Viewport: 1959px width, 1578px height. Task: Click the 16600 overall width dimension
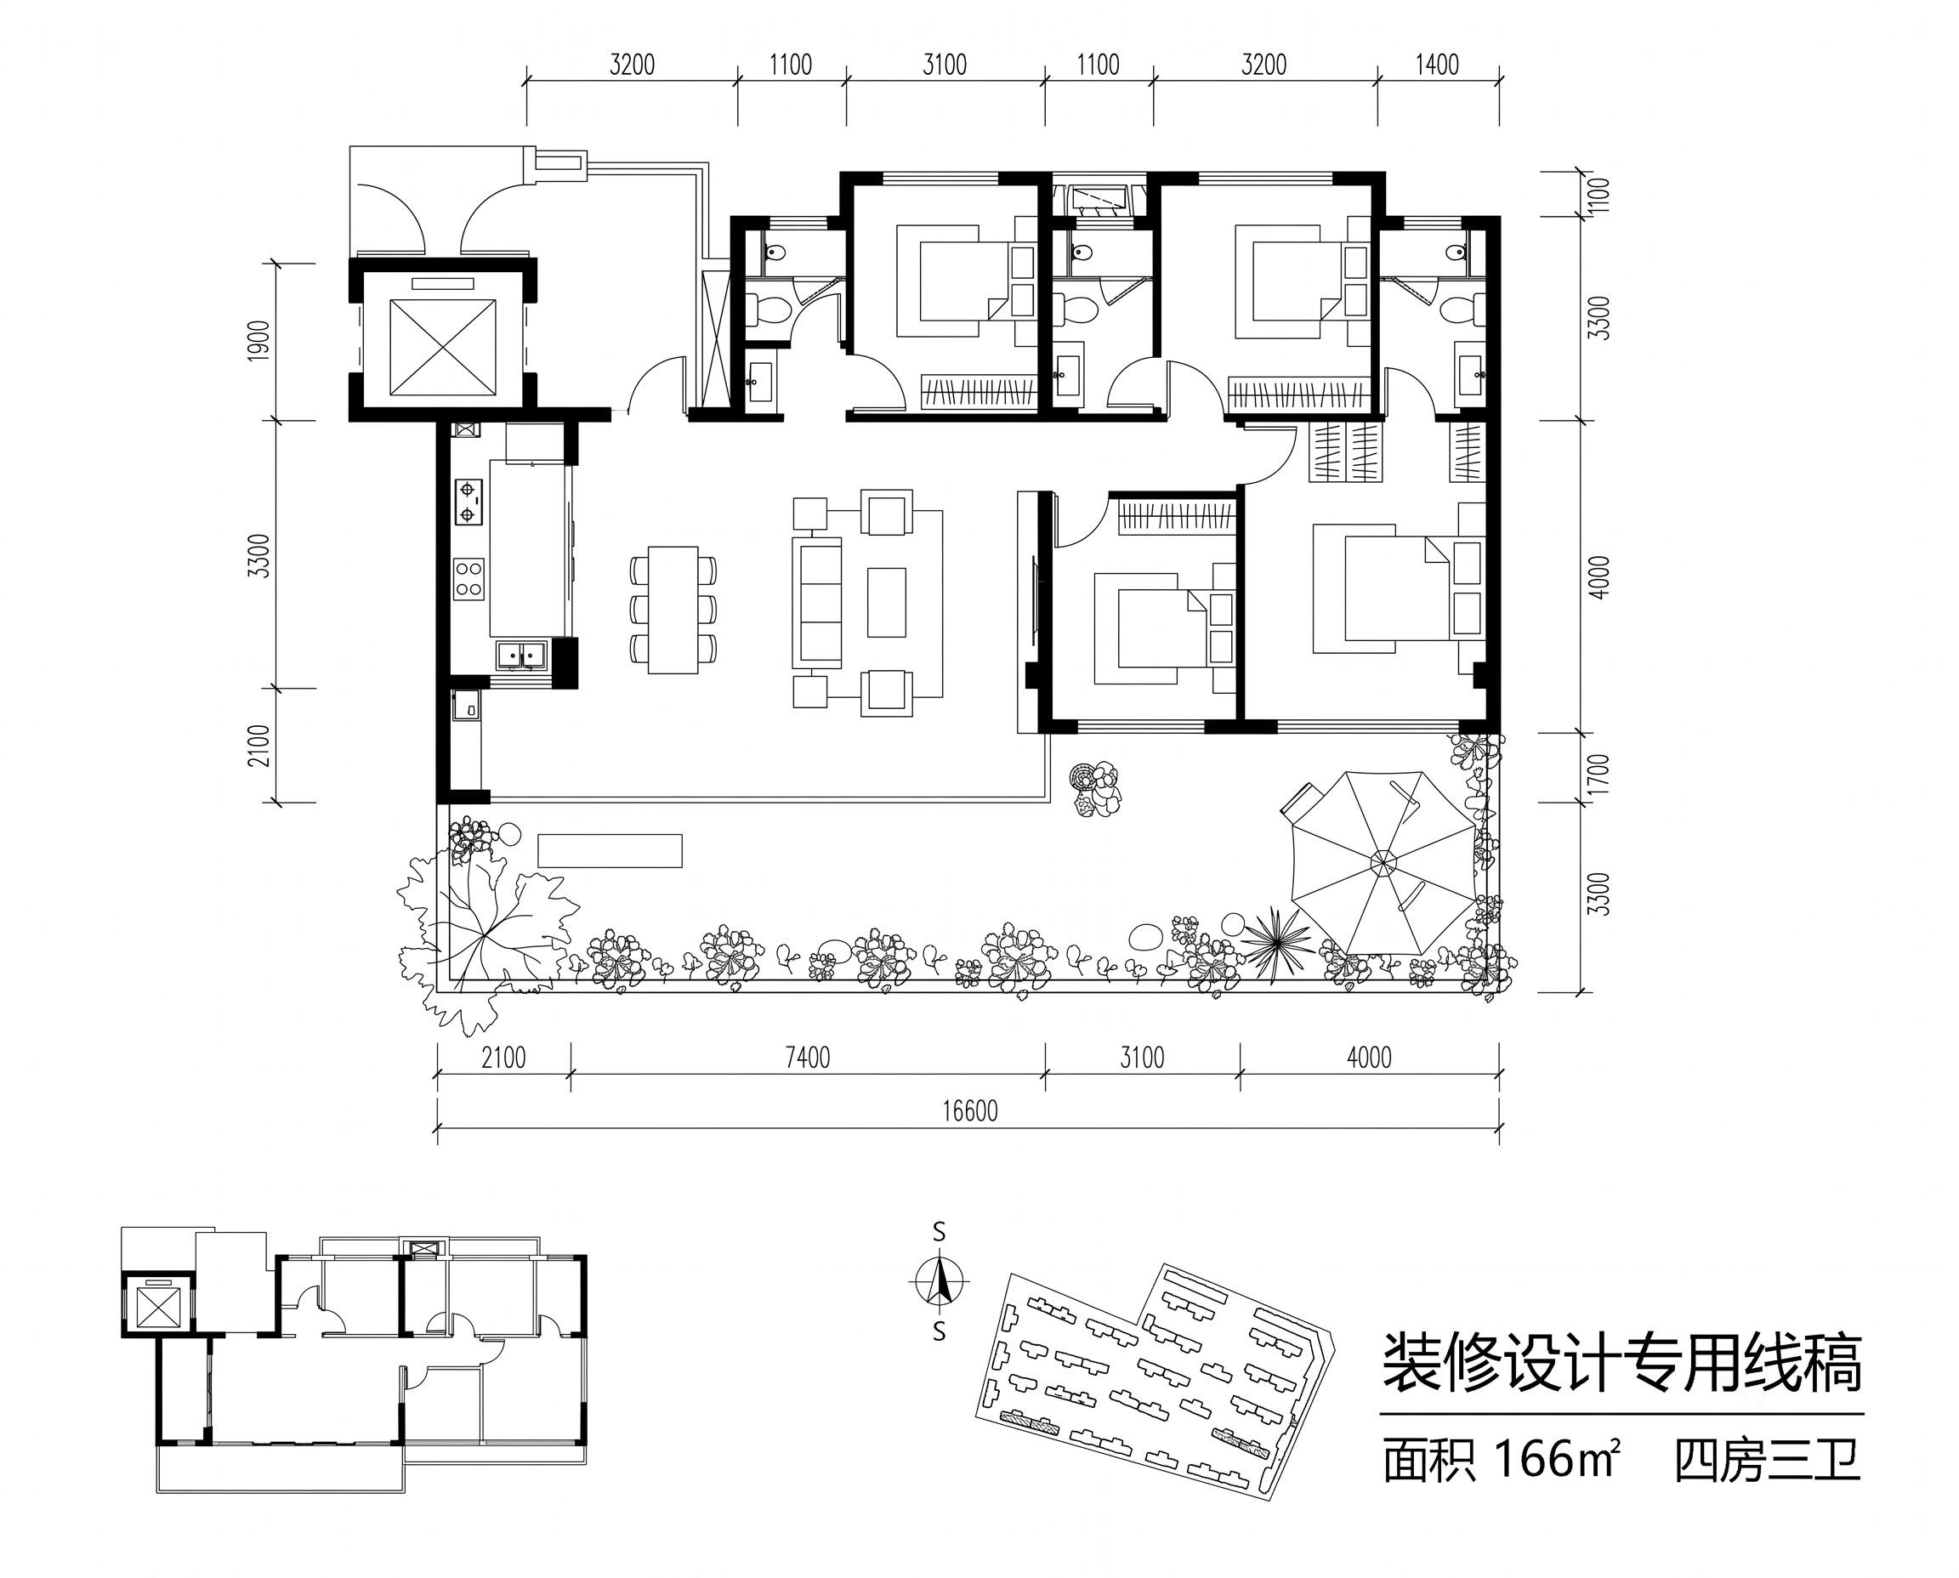[969, 1110]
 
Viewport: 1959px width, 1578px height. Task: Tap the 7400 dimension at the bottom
[807, 1057]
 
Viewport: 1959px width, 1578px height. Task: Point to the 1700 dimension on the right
[1601, 774]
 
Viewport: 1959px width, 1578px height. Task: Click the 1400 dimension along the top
[1437, 65]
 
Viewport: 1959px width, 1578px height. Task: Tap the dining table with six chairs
[673, 609]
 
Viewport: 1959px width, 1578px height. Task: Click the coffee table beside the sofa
[886, 602]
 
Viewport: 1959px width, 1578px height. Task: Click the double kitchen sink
[521, 655]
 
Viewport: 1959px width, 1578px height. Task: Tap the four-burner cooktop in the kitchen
[469, 579]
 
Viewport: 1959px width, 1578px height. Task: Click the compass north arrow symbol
[939, 1283]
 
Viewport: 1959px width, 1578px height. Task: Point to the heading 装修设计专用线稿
[1621, 1365]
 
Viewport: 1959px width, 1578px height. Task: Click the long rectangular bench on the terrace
[610, 851]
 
